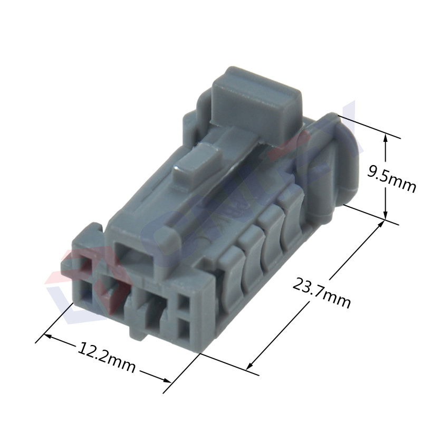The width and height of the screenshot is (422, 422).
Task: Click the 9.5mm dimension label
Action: coord(392,179)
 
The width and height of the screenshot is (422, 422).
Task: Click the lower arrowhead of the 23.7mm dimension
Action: coord(250,365)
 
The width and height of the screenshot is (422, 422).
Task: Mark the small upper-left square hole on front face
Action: coord(83,263)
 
